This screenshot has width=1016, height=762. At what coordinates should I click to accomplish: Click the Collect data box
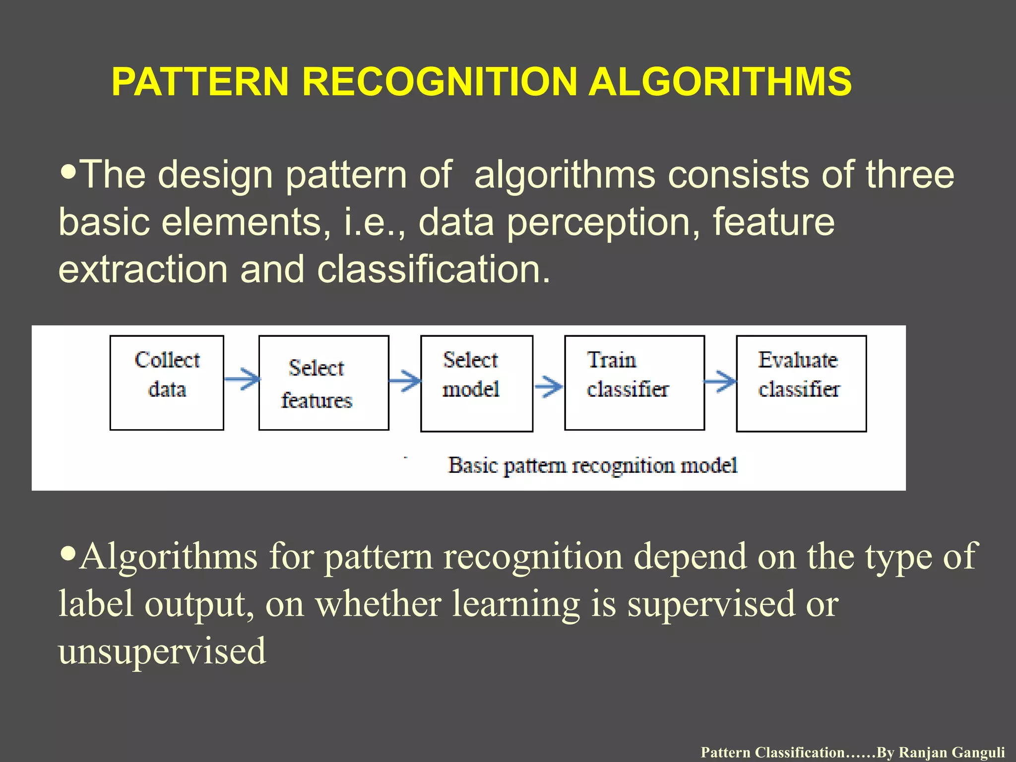click(x=167, y=382)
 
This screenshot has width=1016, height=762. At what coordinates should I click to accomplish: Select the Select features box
click(x=323, y=382)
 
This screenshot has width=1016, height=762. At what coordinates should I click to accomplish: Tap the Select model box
click(x=476, y=383)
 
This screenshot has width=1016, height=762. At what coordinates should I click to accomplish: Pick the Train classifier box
click(x=634, y=382)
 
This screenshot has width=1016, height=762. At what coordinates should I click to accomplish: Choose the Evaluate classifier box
click(x=801, y=383)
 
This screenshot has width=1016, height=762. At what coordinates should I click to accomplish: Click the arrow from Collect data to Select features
click(x=242, y=380)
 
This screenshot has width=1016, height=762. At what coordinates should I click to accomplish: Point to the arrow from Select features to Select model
click(x=405, y=381)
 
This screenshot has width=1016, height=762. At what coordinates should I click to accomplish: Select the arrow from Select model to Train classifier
click(x=549, y=385)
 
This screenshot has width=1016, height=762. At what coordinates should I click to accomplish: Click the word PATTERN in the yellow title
click(x=200, y=82)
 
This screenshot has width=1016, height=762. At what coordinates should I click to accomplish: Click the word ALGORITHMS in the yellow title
click(x=719, y=82)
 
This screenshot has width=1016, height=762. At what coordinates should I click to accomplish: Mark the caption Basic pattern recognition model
click(x=592, y=466)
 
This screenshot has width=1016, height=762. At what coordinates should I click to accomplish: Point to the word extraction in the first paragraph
click(x=143, y=269)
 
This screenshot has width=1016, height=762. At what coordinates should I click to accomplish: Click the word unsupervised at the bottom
click(x=162, y=651)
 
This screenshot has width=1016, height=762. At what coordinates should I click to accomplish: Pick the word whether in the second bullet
click(x=378, y=604)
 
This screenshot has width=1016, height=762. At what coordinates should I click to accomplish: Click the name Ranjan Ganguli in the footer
click(x=952, y=753)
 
